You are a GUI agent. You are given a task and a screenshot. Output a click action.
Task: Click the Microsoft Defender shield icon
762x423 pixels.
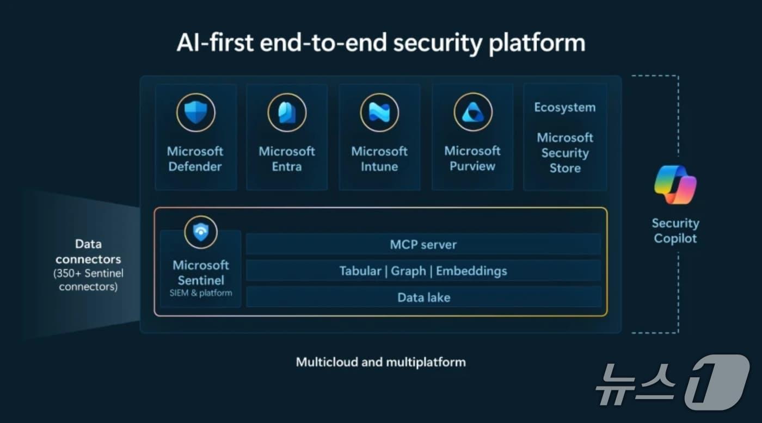195,113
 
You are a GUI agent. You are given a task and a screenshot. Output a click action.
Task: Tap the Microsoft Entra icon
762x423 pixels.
287,113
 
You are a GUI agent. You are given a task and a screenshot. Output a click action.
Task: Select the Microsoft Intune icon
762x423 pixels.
379,113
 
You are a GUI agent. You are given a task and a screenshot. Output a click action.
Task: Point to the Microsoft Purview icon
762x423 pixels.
473,112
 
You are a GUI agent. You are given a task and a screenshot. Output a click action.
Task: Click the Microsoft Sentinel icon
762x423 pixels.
201,232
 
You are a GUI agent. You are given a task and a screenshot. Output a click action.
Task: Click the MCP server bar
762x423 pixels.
423,244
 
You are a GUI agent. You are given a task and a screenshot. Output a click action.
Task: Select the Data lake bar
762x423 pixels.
423,297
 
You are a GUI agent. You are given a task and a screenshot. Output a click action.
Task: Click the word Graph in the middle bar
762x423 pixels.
408,271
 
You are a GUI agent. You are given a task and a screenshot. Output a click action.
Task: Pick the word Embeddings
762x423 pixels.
471,271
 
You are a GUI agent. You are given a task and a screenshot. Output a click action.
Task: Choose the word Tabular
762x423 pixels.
360,271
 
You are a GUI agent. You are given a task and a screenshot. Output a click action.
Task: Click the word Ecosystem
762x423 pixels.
565,108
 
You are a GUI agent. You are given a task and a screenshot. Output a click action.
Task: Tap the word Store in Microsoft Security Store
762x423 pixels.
565,168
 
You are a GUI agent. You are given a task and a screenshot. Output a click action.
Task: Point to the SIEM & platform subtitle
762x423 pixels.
201,293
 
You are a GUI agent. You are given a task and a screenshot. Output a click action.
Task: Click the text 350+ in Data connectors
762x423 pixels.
69,273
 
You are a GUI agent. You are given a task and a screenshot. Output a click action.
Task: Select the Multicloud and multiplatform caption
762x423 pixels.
380,362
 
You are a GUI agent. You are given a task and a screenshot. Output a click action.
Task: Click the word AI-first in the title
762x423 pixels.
215,43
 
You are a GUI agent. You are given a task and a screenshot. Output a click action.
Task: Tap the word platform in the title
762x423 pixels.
537,43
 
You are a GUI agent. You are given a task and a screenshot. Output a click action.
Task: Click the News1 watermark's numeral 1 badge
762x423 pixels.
717,382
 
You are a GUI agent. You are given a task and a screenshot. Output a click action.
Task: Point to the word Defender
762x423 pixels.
195,167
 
